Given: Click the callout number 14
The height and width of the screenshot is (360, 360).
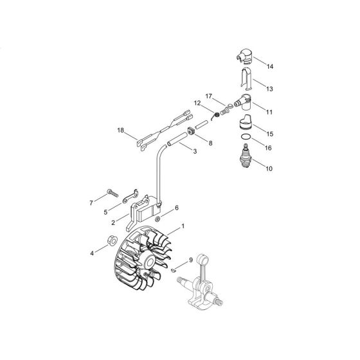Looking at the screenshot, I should (x=269, y=67).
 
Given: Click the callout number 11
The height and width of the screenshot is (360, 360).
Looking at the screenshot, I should (x=269, y=112).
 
